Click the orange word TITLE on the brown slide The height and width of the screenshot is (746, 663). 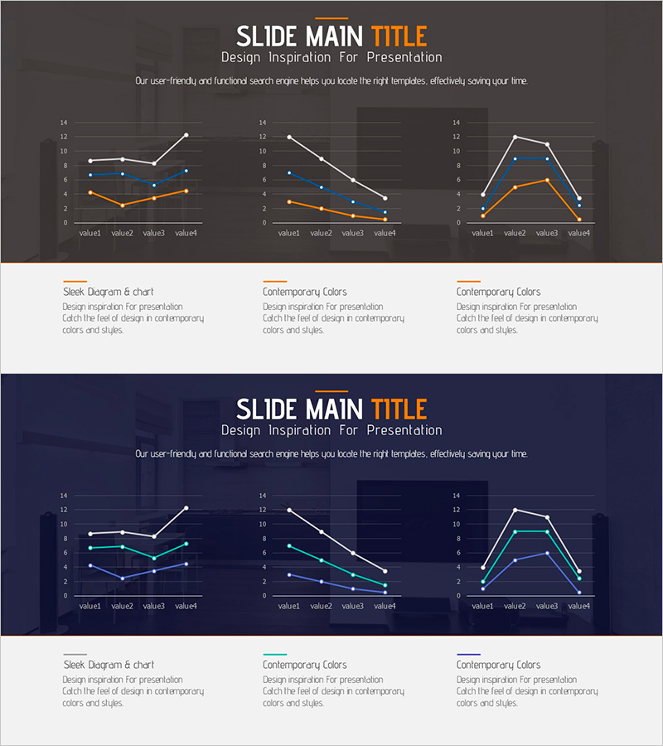[x=399, y=36]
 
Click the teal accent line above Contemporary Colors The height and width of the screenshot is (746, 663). [x=275, y=654]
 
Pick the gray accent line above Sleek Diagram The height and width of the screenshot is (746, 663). [x=75, y=654]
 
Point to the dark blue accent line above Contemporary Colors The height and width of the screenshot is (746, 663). [x=468, y=654]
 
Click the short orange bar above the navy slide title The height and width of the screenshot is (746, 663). [x=331, y=390]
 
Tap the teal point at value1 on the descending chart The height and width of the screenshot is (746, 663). [x=288, y=545]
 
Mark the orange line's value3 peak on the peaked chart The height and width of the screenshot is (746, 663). [x=547, y=180]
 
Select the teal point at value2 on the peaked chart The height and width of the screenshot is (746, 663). [x=515, y=531]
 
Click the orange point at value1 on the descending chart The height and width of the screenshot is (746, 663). [x=288, y=201]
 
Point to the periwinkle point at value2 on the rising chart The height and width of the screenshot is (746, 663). [x=122, y=579]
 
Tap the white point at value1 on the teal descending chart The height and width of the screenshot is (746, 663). [x=288, y=510]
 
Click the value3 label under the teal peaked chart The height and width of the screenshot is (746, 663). [x=547, y=606]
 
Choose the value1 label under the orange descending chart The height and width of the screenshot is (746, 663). [x=288, y=233]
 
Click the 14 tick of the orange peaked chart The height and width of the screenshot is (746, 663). [x=457, y=123]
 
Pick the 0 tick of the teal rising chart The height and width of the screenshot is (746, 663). [x=65, y=595]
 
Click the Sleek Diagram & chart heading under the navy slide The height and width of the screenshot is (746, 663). [x=108, y=665]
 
